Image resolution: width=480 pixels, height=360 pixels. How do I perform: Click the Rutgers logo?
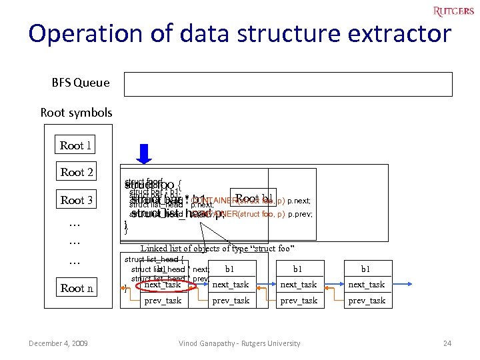(x=453, y=11)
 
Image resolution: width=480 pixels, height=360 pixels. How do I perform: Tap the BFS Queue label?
(x=81, y=83)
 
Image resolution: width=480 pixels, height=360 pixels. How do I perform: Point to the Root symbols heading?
(x=76, y=112)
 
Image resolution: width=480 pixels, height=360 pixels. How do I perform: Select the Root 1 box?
(x=76, y=145)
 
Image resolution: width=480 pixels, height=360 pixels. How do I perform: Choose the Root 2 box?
(x=76, y=172)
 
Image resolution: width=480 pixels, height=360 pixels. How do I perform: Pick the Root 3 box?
(x=76, y=200)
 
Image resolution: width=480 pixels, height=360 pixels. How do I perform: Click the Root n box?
(x=76, y=288)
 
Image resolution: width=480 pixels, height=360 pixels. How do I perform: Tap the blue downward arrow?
(x=145, y=153)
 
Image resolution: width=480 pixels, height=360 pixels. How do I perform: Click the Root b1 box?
(x=253, y=198)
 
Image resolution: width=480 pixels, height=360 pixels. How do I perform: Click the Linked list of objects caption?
(x=217, y=249)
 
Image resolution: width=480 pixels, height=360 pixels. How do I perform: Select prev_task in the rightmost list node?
(x=367, y=301)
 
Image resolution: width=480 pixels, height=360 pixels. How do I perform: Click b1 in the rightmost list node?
(x=366, y=269)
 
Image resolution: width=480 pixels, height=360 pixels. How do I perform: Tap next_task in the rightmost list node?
(x=367, y=285)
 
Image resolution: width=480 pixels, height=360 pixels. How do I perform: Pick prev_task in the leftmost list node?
(x=163, y=301)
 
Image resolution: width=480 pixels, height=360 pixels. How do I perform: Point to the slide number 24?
(x=447, y=343)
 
